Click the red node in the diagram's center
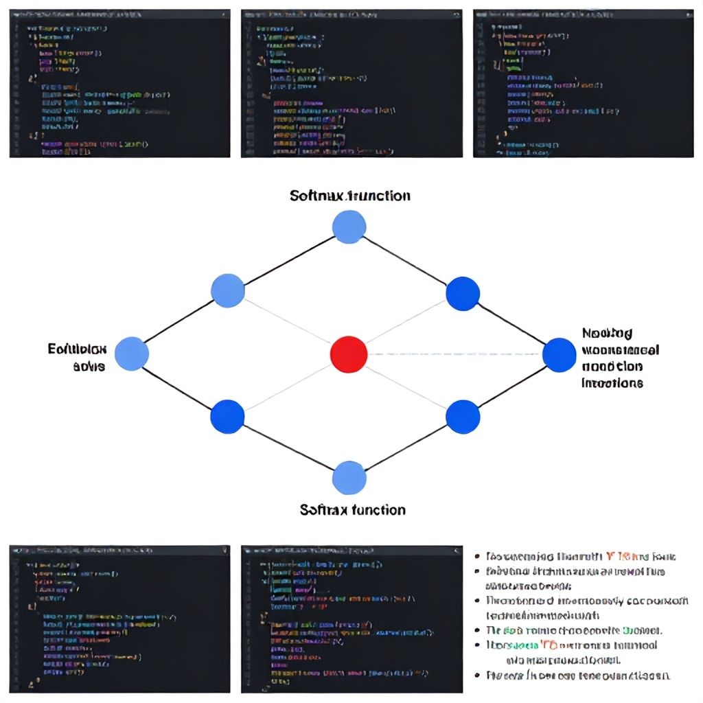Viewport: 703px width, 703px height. [x=349, y=354]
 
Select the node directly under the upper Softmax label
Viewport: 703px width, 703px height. [x=349, y=227]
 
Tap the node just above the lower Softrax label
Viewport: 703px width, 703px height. [x=349, y=478]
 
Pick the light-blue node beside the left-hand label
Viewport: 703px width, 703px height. [x=132, y=354]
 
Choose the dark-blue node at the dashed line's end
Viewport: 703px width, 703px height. [x=559, y=354]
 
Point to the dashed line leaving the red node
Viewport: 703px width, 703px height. [x=453, y=354]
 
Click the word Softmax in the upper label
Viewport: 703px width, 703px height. [x=319, y=196]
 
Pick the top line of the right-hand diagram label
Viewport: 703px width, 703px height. [x=607, y=334]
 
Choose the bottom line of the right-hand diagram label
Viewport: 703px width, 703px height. [x=612, y=383]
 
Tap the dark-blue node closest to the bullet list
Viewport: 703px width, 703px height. [x=462, y=416]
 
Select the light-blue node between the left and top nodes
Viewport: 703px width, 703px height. [x=228, y=290]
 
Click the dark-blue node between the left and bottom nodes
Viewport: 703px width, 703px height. [x=227, y=417]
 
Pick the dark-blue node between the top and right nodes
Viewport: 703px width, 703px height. [x=463, y=293]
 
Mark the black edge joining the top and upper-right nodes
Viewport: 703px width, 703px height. [x=405, y=260]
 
